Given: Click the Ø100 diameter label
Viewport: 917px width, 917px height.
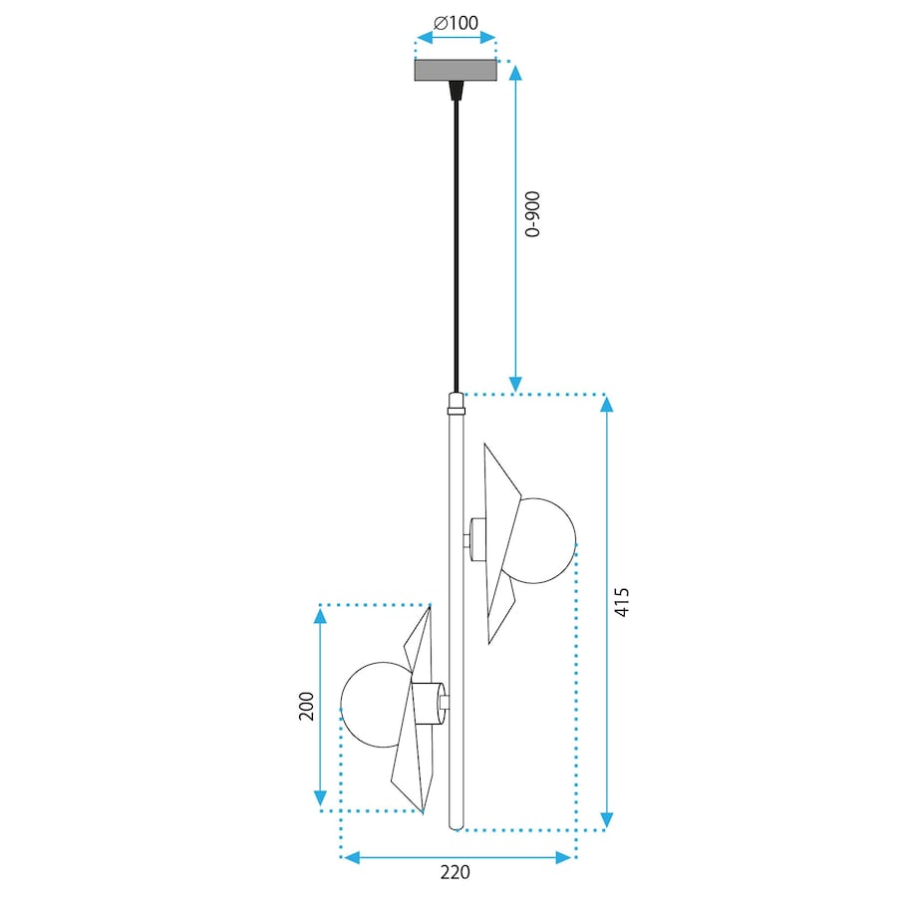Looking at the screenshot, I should pos(456,21).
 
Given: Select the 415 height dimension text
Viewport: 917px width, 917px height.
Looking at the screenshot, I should pos(623,602).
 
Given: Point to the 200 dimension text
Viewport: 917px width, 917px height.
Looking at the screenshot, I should pos(306,706).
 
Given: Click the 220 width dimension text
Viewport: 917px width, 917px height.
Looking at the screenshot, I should pos(455,873).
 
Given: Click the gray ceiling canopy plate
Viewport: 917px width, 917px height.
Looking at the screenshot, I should pos(456,70).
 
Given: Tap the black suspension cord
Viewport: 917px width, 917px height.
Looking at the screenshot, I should pos(457,239).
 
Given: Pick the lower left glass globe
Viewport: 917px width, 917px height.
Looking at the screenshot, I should pos(376,704).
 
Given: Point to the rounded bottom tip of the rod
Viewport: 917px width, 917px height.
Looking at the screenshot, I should pos(457,823).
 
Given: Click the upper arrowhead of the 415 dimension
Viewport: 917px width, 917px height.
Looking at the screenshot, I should pos(607,404).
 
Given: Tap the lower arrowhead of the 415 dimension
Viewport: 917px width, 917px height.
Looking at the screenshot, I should pos(607,820).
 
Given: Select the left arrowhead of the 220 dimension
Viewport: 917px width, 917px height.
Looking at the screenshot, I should pos(348,856).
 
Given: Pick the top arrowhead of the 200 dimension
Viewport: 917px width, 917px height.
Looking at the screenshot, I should pos(320,616).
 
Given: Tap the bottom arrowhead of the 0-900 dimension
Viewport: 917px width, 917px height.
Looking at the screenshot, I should pos(515,384).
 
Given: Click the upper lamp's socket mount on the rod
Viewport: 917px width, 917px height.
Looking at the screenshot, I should pos(475,539).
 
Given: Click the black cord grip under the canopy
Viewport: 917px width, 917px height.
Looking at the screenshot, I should pos(456,91).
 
